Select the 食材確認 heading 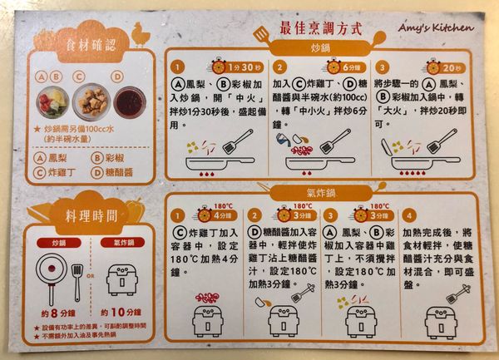pos(86,43)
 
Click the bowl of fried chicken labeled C pos(90,101)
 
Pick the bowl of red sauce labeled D pos(129,102)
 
